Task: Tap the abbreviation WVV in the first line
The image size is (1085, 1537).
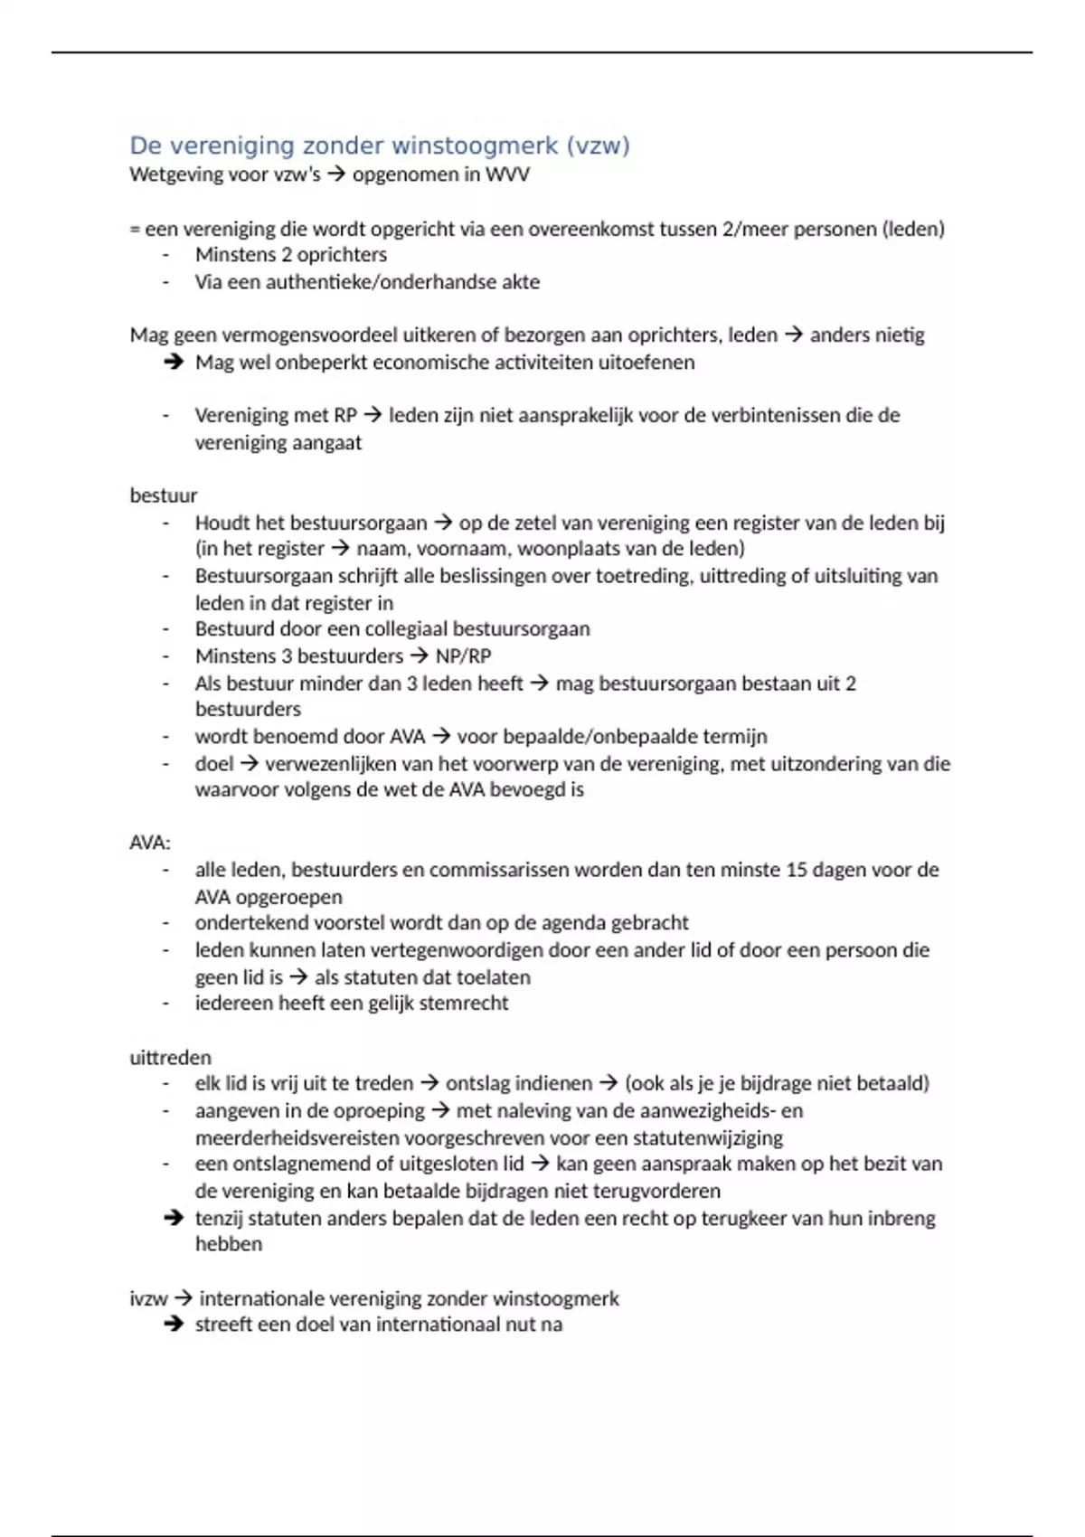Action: [507, 174]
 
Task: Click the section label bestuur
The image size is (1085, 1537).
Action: [164, 495]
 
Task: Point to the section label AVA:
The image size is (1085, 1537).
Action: [150, 843]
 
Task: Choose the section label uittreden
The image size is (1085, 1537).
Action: [170, 1058]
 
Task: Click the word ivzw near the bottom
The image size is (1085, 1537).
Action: [148, 1299]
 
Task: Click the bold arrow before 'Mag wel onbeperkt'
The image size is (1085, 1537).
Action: [174, 363]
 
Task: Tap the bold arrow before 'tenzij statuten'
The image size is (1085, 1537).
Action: [174, 1218]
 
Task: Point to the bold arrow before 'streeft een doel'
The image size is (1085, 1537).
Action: [174, 1325]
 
